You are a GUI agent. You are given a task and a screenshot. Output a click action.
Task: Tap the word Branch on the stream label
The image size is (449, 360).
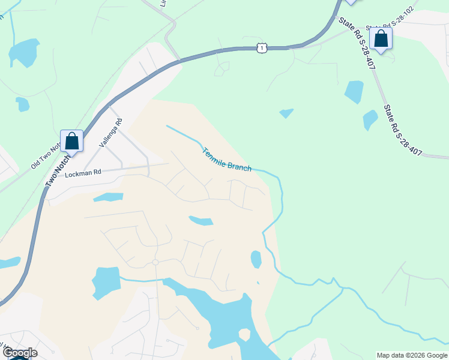pyautogui.click(x=240, y=166)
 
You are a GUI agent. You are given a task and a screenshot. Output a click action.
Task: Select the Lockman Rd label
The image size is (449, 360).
pyautogui.click(x=83, y=172)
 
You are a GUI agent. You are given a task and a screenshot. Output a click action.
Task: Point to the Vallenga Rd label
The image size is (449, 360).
pyautogui.click(x=111, y=133)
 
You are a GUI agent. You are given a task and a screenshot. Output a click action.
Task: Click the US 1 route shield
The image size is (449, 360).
pyautogui.click(x=261, y=47)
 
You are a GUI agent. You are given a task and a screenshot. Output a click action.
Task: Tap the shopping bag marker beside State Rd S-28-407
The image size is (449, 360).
pyautogui.click(x=381, y=39)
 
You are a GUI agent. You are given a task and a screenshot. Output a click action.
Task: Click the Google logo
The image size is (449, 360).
pyautogui.click(x=20, y=353)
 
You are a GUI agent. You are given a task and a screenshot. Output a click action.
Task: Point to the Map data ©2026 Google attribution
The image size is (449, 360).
pyautogui.click(x=411, y=355)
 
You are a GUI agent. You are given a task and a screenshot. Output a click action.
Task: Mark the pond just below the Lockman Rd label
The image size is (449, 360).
pyautogui.click(x=109, y=197)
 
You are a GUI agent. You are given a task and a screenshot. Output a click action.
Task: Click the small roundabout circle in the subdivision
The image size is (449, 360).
pyautogui.click(x=155, y=262)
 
